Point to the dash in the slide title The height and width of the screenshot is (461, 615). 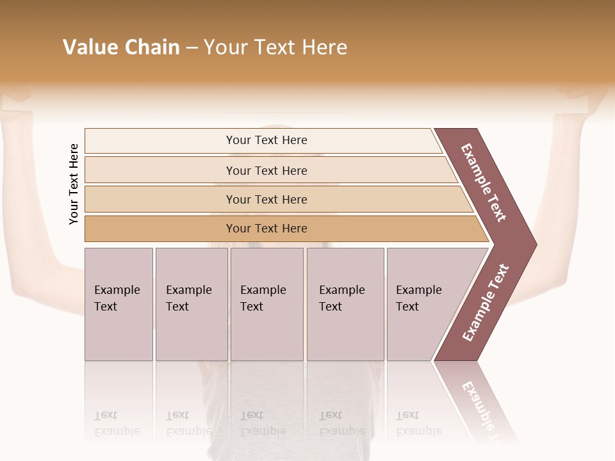[192, 48]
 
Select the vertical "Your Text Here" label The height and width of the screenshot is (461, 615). [74, 184]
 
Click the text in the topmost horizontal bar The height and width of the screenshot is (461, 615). [266, 140]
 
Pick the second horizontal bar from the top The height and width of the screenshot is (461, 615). [266, 170]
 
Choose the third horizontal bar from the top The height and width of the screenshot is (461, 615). [266, 200]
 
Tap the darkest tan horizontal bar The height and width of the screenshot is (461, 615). [266, 229]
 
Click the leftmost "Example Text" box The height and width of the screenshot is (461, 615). [119, 304]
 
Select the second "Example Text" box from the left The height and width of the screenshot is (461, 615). [192, 304]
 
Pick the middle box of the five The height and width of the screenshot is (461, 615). [266, 304]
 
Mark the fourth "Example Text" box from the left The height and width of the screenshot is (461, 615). [345, 304]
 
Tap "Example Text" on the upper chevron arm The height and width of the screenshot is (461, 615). [484, 182]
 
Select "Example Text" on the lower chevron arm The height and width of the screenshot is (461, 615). [486, 303]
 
